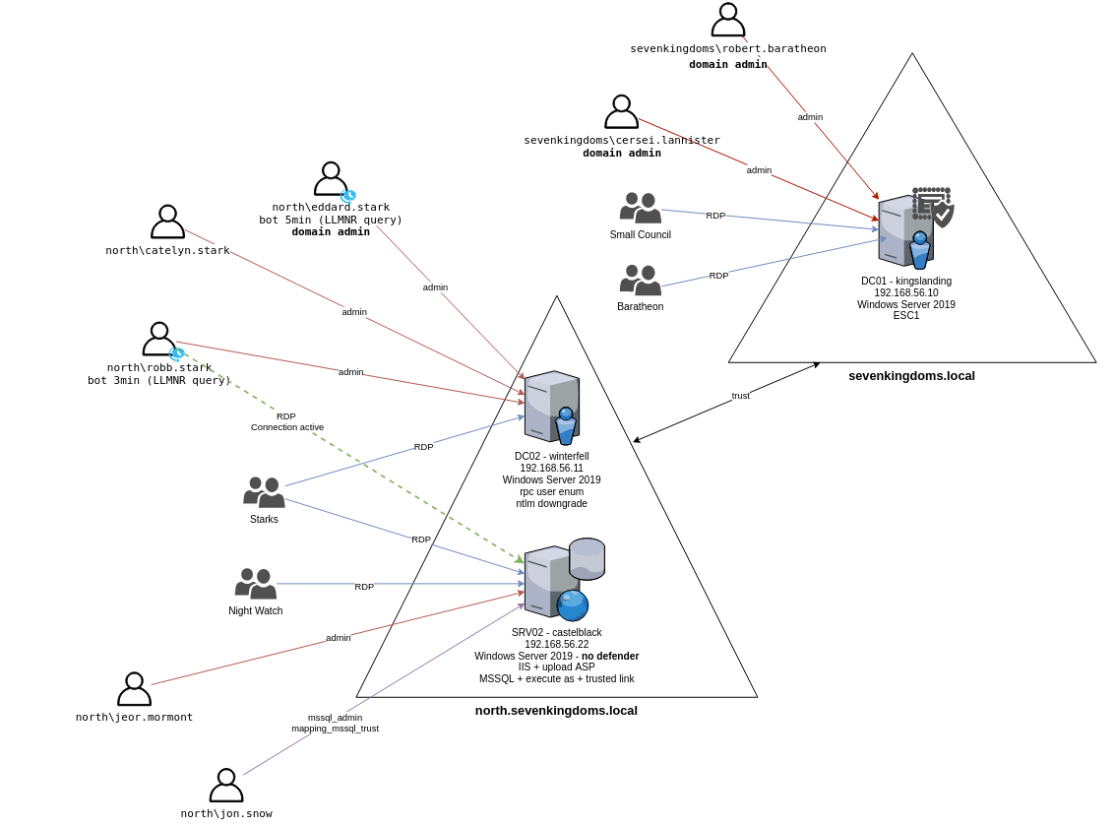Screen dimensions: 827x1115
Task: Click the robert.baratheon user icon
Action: (728, 20)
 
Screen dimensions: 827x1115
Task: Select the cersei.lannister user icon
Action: (621, 111)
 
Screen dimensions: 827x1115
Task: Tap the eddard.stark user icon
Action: (331, 178)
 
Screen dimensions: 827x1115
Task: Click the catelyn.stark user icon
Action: (167, 222)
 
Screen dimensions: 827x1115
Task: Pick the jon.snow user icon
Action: (226, 785)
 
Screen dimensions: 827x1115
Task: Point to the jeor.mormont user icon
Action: (134, 689)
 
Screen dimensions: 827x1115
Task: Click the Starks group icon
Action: (264, 492)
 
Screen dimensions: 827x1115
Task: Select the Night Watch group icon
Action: (256, 583)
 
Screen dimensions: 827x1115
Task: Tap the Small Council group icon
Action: (640, 208)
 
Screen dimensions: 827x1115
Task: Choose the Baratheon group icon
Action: (640, 280)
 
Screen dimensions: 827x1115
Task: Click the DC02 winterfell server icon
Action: (551, 407)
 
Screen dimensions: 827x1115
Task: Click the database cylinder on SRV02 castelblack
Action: (587, 558)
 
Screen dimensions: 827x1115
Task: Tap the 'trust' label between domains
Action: (740, 396)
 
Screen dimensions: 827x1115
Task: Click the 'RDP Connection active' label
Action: (286, 421)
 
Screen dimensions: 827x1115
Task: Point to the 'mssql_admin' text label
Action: (335, 718)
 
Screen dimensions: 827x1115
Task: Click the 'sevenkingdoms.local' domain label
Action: (911, 375)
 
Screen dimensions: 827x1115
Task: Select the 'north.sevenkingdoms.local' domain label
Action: (556, 710)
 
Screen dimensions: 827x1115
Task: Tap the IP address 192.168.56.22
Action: (556, 644)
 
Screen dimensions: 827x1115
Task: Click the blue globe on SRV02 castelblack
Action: (573, 604)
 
